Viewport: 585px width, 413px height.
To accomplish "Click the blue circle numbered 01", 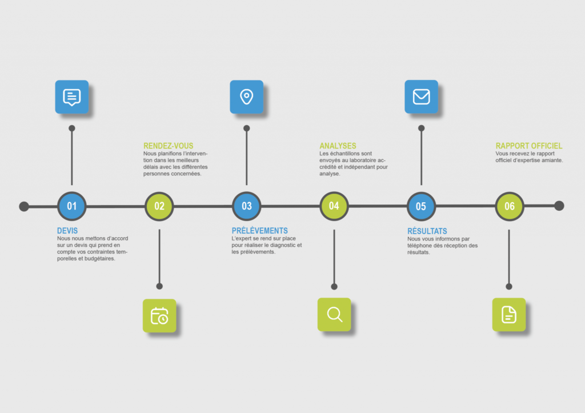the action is pyautogui.click(x=71, y=206).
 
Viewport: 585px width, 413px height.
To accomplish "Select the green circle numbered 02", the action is pyautogui.click(x=159, y=206).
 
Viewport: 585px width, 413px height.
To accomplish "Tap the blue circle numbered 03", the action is pyautogui.click(x=247, y=206).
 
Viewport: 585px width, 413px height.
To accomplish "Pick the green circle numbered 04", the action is pyautogui.click(x=334, y=206).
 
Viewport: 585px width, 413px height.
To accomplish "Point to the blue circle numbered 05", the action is pyautogui.click(x=421, y=206).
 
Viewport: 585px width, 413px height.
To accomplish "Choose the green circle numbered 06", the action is pyautogui.click(x=509, y=206).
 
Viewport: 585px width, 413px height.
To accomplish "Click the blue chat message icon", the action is pyautogui.click(x=72, y=97).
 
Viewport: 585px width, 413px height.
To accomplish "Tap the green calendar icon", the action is pyautogui.click(x=159, y=316).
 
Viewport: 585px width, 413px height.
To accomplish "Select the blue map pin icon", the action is pyautogui.click(x=247, y=97).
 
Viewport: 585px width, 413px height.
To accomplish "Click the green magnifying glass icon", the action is pyautogui.click(x=334, y=315).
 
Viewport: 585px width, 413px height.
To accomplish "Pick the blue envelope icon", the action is pyautogui.click(x=421, y=97).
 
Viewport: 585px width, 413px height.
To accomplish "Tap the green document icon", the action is pyautogui.click(x=509, y=315).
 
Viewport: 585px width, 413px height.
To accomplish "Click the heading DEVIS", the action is pyautogui.click(x=67, y=231).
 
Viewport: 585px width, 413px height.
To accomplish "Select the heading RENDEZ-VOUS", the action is pyautogui.click(x=169, y=146).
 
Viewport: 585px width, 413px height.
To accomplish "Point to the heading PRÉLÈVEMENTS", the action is pyautogui.click(x=260, y=231).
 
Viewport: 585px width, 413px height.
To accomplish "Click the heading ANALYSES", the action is pyautogui.click(x=338, y=146).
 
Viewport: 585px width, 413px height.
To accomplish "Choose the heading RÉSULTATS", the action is pyautogui.click(x=427, y=231).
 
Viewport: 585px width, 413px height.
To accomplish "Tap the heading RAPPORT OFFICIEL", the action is pyautogui.click(x=528, y=146).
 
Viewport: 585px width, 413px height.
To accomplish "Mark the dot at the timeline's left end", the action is pyautogui.click(x=24, y=206).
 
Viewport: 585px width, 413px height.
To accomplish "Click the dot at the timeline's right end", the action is pyautogui.click(x=559, y=206).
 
